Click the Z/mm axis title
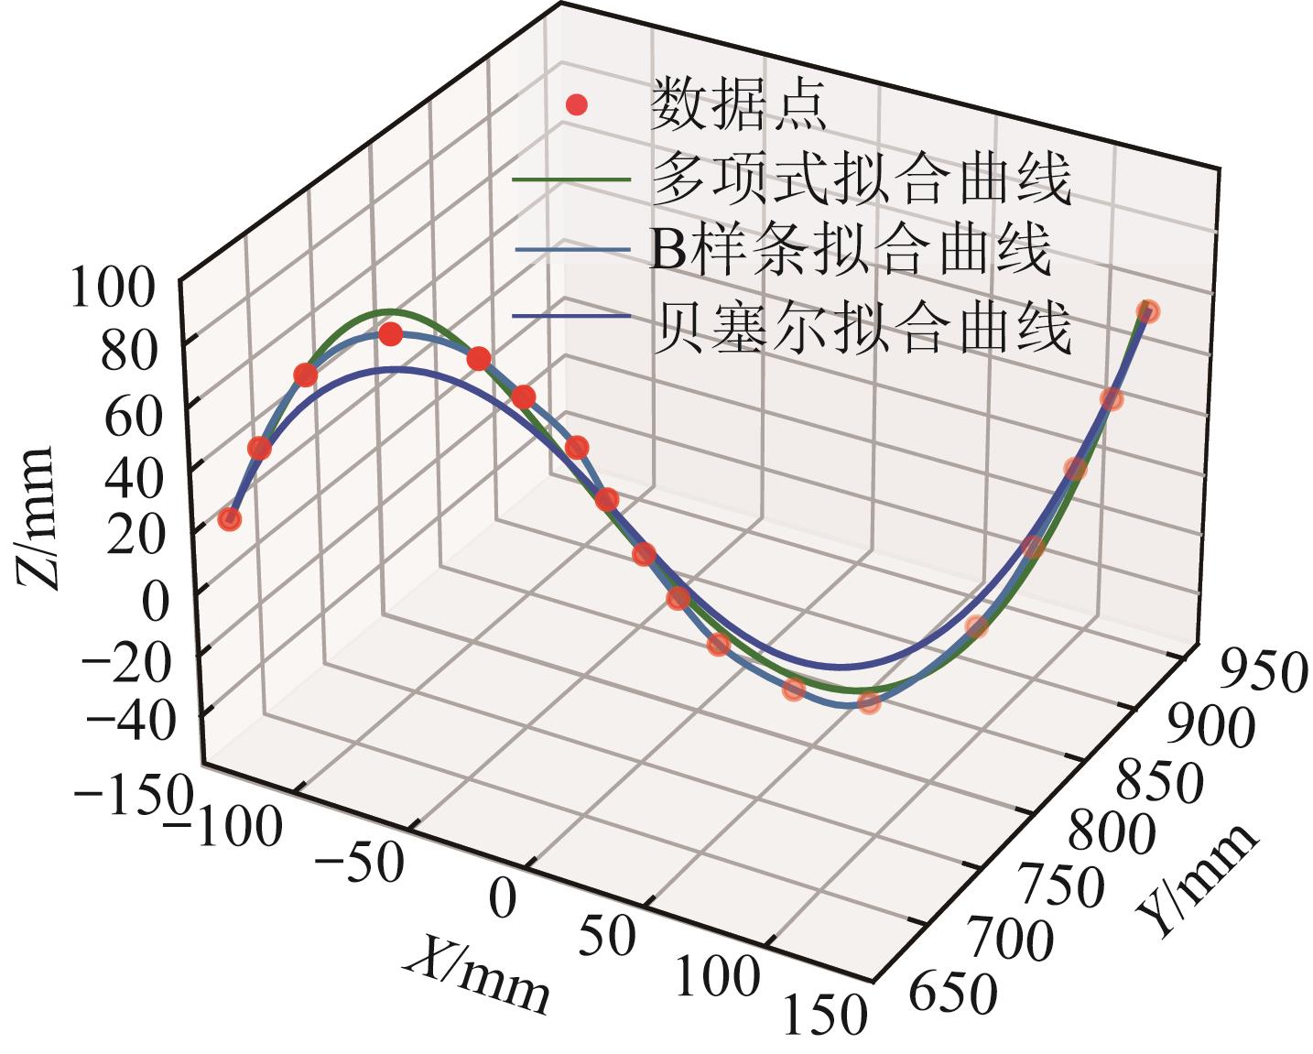37,517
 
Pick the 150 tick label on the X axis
824,1013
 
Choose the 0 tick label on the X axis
502,898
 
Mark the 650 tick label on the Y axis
953,994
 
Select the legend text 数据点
738,104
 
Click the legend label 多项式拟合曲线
861,179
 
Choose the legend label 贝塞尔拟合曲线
861,327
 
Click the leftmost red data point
230,519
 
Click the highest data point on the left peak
391,334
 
